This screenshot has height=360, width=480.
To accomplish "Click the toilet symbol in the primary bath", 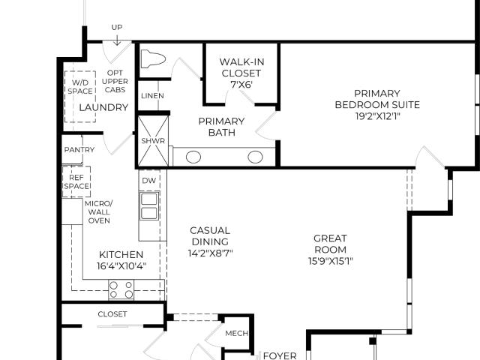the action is [x=153, y=58].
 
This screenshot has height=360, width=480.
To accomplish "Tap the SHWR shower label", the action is [x=153, y=141].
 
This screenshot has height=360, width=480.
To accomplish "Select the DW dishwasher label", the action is [x=149, y=181].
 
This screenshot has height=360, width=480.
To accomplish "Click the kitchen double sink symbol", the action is [x=150, y=206].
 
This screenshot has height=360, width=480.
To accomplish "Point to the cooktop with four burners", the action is [x=121, y=289].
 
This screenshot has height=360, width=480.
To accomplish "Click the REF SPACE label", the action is [x=76, y=181].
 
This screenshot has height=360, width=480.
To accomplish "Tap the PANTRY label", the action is [x=79, y=150].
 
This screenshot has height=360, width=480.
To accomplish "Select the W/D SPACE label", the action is [x=80, y=87].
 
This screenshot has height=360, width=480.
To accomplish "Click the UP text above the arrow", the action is [x=117, y=28].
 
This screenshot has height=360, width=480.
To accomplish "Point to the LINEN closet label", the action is [x=152, y=96].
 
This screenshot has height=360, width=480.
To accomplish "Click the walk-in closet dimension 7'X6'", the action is [x=241, y=85].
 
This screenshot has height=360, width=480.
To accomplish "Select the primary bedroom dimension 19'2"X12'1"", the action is [x=378, y=116].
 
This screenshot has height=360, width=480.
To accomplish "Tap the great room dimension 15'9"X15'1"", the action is [x=331, y=261].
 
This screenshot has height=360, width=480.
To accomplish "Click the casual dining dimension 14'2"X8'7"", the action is [x=210, y=253].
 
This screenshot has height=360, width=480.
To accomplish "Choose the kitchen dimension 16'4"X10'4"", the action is [x=121, y=266].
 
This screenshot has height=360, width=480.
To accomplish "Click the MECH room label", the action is [x=237, y=333].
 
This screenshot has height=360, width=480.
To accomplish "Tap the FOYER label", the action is [x=280, y=355].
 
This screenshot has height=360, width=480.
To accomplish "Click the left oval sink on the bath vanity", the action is [x=193, y=157].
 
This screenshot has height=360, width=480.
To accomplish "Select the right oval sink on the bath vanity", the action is [x=255, y=157].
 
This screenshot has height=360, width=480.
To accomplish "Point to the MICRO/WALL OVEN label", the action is [x=99, y=212].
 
